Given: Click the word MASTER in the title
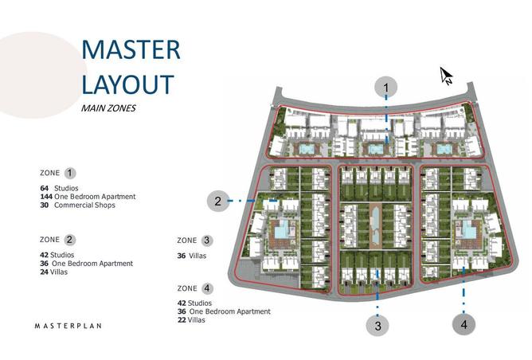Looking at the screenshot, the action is [131, 50].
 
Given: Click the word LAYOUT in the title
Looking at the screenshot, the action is [128, 84].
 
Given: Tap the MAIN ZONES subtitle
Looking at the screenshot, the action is [108, 108].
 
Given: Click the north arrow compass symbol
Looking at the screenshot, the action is [446, 76].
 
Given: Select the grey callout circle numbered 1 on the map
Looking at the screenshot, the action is [385, 88].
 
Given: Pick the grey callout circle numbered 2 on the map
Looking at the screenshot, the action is [218, 202].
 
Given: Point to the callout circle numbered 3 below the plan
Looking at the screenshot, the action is [377, 326].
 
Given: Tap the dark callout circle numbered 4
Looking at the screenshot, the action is [464, 324].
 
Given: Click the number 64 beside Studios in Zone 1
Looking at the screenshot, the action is [45, 188].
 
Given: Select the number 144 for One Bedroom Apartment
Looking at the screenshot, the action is [46, 197].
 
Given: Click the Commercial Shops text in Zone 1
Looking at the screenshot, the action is [84, 205].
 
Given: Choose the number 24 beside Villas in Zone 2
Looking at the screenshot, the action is [44, 272].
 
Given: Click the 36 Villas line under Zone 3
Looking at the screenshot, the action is [192, 256].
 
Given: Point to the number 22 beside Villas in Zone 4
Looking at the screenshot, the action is [182, 320].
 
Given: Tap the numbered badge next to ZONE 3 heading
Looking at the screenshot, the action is [207, 241].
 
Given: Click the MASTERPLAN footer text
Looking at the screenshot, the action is [68, 326].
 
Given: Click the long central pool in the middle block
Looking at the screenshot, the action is [376, 225].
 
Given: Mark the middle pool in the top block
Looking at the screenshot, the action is [374, 149].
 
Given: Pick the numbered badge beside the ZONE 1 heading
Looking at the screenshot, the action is [70, 173].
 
